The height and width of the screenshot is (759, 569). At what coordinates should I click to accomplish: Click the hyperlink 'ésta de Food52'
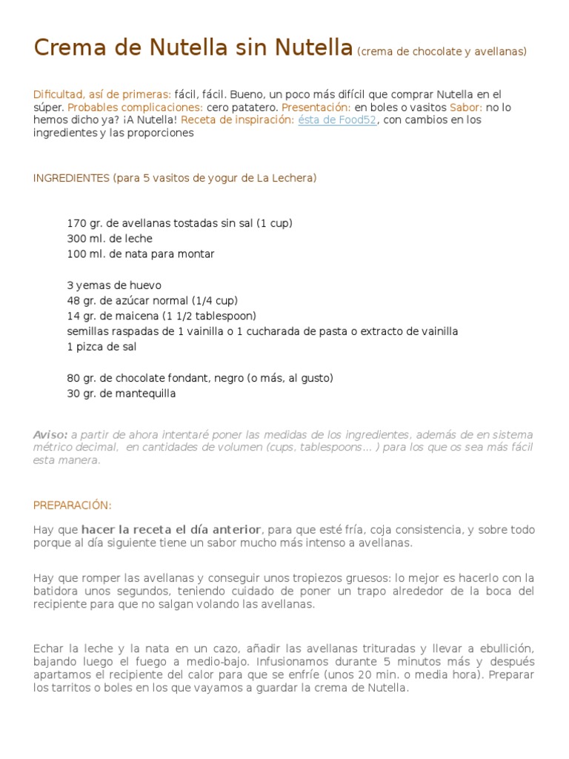pyautogui.click(x=337, y=120)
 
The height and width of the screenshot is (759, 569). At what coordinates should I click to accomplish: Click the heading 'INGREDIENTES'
pyautogui.click(x=71, y=179)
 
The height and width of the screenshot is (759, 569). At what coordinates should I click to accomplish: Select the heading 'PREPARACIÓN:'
pyautogui.click(x=72, y=506)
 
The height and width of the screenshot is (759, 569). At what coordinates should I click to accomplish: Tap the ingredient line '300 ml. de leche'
pyautogui.click(x=110, y=239)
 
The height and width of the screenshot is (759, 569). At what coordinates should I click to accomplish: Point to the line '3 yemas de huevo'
pyautogui.click(x=114, y=285)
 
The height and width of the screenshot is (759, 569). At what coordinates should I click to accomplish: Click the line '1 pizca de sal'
pyautogui.click(x=102, y=347)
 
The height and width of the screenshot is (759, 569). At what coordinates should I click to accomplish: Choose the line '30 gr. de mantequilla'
pyautogui.click(x=122, y=394)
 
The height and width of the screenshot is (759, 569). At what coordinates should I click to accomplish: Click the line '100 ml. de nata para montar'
pyautogui.click(x=141, y=254)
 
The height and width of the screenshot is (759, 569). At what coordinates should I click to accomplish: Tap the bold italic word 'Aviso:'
pyautogui.click(x=50, y=435)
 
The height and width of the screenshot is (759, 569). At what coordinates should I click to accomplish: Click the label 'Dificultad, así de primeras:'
pyautogui.click(x=102, y=95)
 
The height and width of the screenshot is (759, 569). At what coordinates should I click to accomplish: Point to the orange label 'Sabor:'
pyautogui.click(x=465, y=107)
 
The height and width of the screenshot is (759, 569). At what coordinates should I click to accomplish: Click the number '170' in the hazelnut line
pyautogui.click(x=76, y=223)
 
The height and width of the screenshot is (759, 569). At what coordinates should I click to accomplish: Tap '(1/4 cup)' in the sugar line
pyautogui.click(x=215, y=301)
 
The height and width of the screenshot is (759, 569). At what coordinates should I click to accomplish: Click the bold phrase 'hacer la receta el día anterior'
pyautogui.click(x=170, y=530)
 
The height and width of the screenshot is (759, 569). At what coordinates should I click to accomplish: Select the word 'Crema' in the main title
pyautogui.click(x=68, y=48)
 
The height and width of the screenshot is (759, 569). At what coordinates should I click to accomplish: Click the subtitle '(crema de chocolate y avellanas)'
pyautogui.click(x=442, y=52)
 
